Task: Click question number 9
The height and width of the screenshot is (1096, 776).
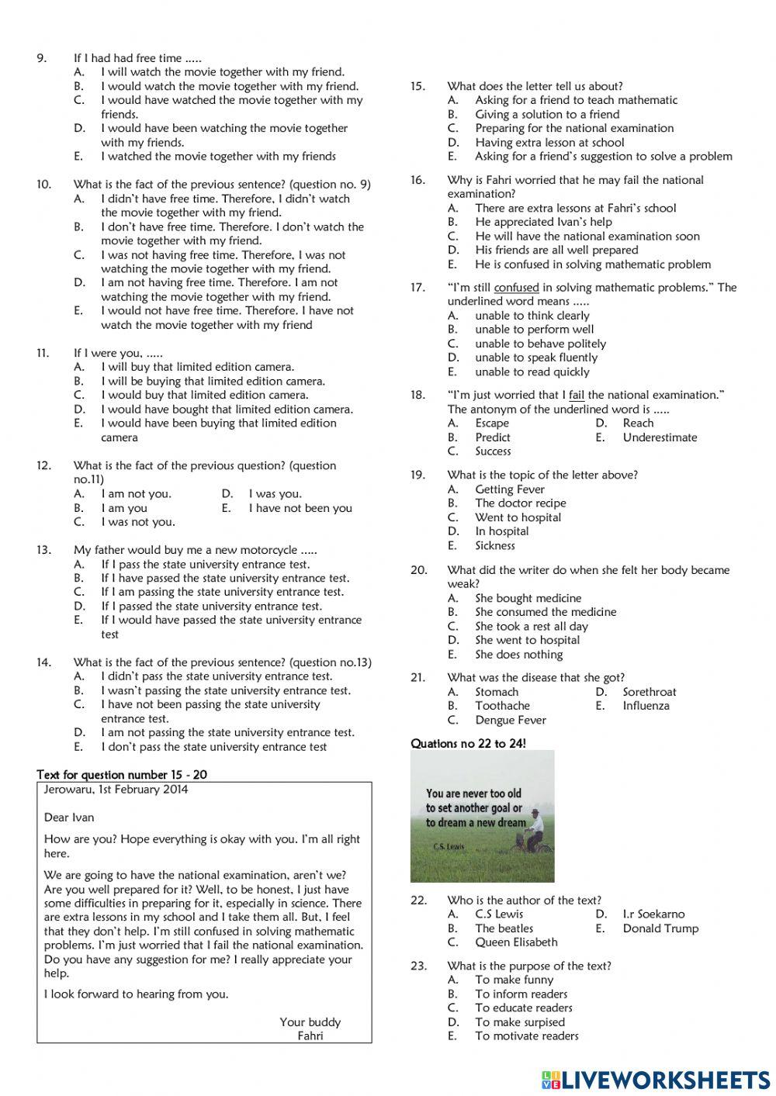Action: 42,58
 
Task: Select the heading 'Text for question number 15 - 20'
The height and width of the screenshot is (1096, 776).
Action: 122,775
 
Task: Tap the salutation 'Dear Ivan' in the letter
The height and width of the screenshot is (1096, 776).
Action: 69,818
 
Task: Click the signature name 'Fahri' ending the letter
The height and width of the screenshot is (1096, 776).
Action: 310,1036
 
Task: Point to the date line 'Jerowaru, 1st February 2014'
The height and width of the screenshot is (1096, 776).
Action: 116,790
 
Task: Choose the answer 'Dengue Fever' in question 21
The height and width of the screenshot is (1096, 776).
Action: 511,720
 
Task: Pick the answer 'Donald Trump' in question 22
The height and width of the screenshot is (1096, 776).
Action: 660,928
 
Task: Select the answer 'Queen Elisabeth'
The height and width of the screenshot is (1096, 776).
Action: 516,942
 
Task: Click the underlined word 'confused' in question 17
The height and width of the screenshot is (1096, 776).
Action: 516,288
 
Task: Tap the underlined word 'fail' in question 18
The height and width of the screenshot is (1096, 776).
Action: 576,396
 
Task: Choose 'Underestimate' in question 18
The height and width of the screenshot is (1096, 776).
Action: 660,437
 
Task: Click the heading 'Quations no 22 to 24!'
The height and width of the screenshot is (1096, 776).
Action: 468,744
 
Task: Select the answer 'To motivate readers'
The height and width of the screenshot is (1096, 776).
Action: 527,1036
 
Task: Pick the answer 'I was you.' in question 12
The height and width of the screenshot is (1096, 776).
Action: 275,494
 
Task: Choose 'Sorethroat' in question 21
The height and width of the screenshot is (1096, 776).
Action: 650,692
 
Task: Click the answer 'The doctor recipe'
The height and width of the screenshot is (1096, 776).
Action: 521,503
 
